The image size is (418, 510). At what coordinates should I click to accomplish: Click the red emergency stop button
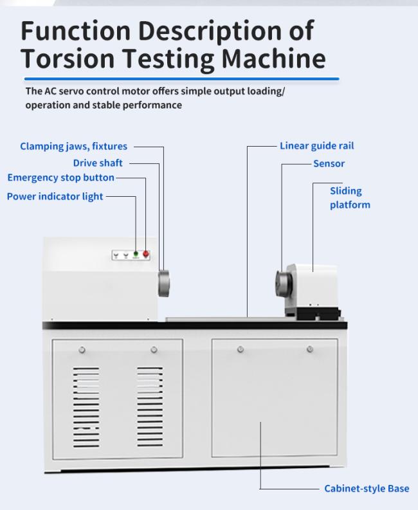coord(146,253)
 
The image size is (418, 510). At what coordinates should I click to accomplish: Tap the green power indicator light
coord(136,253)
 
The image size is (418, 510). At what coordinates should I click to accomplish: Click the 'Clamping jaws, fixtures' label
coord(73,147)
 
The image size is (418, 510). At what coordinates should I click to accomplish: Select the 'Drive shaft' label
coord(98,163)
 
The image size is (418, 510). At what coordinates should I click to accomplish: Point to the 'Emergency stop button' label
coord(61,178)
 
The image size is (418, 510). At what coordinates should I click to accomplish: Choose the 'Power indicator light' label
coord(55,196)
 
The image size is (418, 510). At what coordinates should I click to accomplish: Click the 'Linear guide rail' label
coord(317,146)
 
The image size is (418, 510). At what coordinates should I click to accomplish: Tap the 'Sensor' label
coord(329,163)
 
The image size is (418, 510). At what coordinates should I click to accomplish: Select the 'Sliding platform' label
coord(350,197)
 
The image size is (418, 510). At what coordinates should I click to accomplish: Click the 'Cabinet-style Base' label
coord(367,488)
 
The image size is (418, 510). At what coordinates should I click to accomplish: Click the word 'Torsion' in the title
coord(68,59)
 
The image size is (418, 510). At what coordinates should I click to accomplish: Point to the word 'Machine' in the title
coord(273,59)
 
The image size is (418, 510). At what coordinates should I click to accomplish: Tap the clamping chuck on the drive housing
coord(164,283)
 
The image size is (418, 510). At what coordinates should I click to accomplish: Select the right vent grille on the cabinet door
coord(150,406)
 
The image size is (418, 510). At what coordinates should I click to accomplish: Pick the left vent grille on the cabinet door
coord(86,407)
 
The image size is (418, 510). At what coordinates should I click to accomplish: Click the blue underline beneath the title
coord(182,78)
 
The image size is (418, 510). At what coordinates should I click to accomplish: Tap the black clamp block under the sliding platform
coord(318,314)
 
